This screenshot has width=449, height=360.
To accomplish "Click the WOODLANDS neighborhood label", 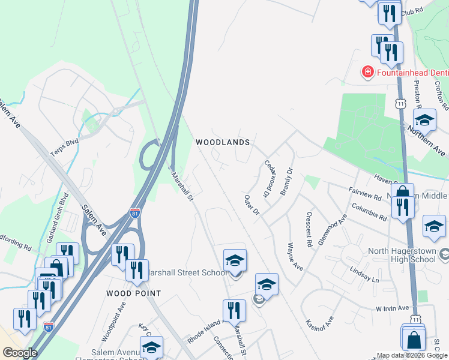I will (x=222, y=142).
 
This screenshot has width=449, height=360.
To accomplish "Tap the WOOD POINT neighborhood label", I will (x=133, y=293).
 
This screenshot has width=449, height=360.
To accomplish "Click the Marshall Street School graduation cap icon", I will (x=235, y=260).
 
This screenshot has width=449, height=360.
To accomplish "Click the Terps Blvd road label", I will (x=65, y=145).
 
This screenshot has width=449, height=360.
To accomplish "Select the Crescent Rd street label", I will (x=309, y=230).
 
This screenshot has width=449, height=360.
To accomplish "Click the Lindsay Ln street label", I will (x=367, y=280).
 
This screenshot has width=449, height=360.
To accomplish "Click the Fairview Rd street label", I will (x=365, y=193).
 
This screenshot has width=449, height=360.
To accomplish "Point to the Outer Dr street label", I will (x=251, y=205).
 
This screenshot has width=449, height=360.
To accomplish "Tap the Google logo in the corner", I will (x=20, y=353).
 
